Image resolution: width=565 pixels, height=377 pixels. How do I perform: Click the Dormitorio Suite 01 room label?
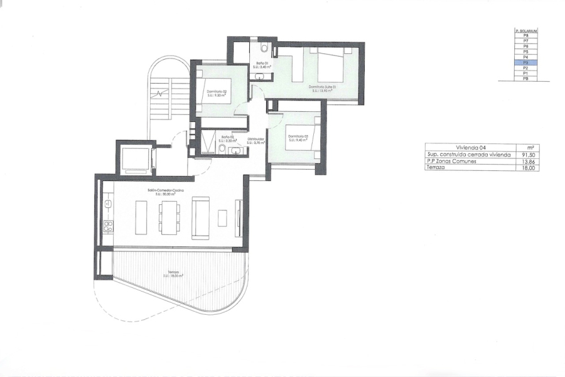pos(323,87)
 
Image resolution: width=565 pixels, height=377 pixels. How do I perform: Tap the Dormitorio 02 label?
pos(217,92)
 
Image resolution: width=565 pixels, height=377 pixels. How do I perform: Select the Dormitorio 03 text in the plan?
pos(296,136)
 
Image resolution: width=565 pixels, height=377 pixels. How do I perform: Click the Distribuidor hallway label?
pos(255,139)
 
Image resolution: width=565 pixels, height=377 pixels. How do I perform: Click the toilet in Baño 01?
pos(265,48)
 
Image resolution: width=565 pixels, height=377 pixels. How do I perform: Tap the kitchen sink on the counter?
pos(107,204)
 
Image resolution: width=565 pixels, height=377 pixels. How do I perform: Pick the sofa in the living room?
pos(201,217)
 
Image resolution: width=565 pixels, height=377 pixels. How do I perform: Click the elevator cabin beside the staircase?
pos(134,158)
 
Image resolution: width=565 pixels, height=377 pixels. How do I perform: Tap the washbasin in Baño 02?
pos(222,149)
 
